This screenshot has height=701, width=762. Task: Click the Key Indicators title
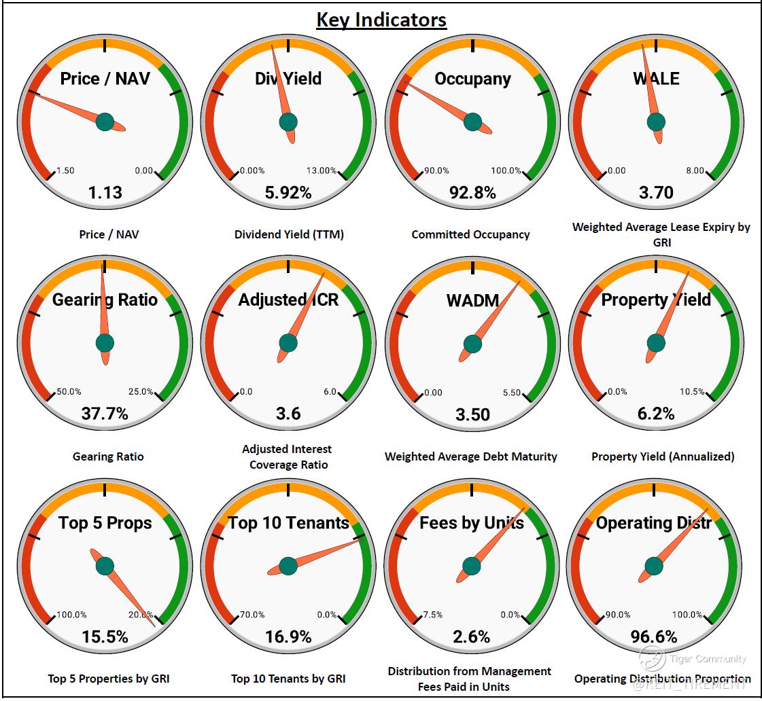[381, 20]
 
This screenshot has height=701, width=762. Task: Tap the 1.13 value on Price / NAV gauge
[105, 193]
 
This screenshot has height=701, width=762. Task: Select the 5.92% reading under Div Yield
[288, 193]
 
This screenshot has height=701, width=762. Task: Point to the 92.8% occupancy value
[472, 193]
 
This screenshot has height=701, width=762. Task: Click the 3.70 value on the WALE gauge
[656, 193]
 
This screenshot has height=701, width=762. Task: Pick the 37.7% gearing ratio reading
[105, 414]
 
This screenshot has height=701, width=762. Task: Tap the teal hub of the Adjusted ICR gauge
[288, 343]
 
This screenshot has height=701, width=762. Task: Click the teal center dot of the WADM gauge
[472, 344]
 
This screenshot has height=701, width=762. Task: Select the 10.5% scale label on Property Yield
[692, 392]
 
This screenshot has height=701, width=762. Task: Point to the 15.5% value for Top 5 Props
[105, 637]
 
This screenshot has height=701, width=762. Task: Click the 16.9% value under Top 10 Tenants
[288, 637]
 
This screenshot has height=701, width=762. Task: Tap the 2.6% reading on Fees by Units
[472, 637]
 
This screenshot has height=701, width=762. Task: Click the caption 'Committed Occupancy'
[470, 234]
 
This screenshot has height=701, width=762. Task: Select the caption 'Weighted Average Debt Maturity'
[470, 456]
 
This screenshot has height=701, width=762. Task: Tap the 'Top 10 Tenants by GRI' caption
[288, 678]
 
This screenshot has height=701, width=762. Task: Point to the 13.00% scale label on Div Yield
[322, 170]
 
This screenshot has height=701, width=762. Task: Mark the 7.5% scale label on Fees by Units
[432, 615]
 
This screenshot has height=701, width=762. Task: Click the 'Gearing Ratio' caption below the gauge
[108, 456]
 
